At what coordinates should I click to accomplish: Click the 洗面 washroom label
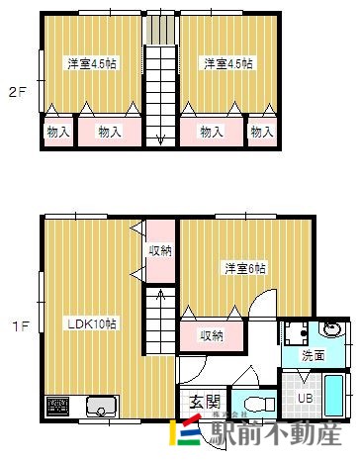click(x=314, y=354)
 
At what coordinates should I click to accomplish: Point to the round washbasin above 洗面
click(x=332, y=331)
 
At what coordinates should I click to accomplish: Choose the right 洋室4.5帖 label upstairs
click(x=228, y=63)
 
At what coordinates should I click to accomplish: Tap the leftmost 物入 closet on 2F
click(x=57, y=131)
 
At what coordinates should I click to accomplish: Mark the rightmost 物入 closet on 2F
click(x=261, y=131)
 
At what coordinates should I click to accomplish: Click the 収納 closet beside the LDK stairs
click(x=159, y=249)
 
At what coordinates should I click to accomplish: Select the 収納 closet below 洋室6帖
click(x=212, y=335)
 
